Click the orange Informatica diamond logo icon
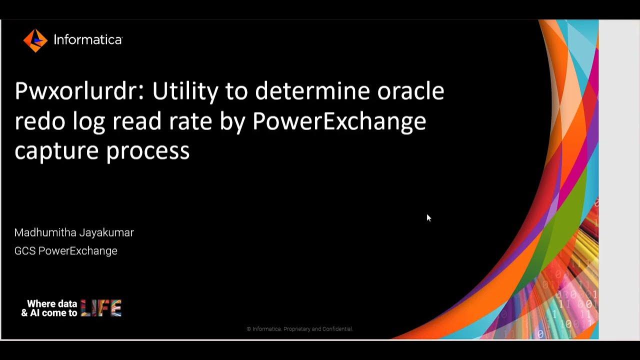[x=35, y=40]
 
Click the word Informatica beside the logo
[x=88, y=40]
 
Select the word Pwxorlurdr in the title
[x=79, y=91]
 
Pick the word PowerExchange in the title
[x=339, y=121]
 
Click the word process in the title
[x=148, y=150]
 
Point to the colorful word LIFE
[x=101, y=308]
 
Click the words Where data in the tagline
[x=52, y=303]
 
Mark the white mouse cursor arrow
[x=428, y=217]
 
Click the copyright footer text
[x=300, y=329]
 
